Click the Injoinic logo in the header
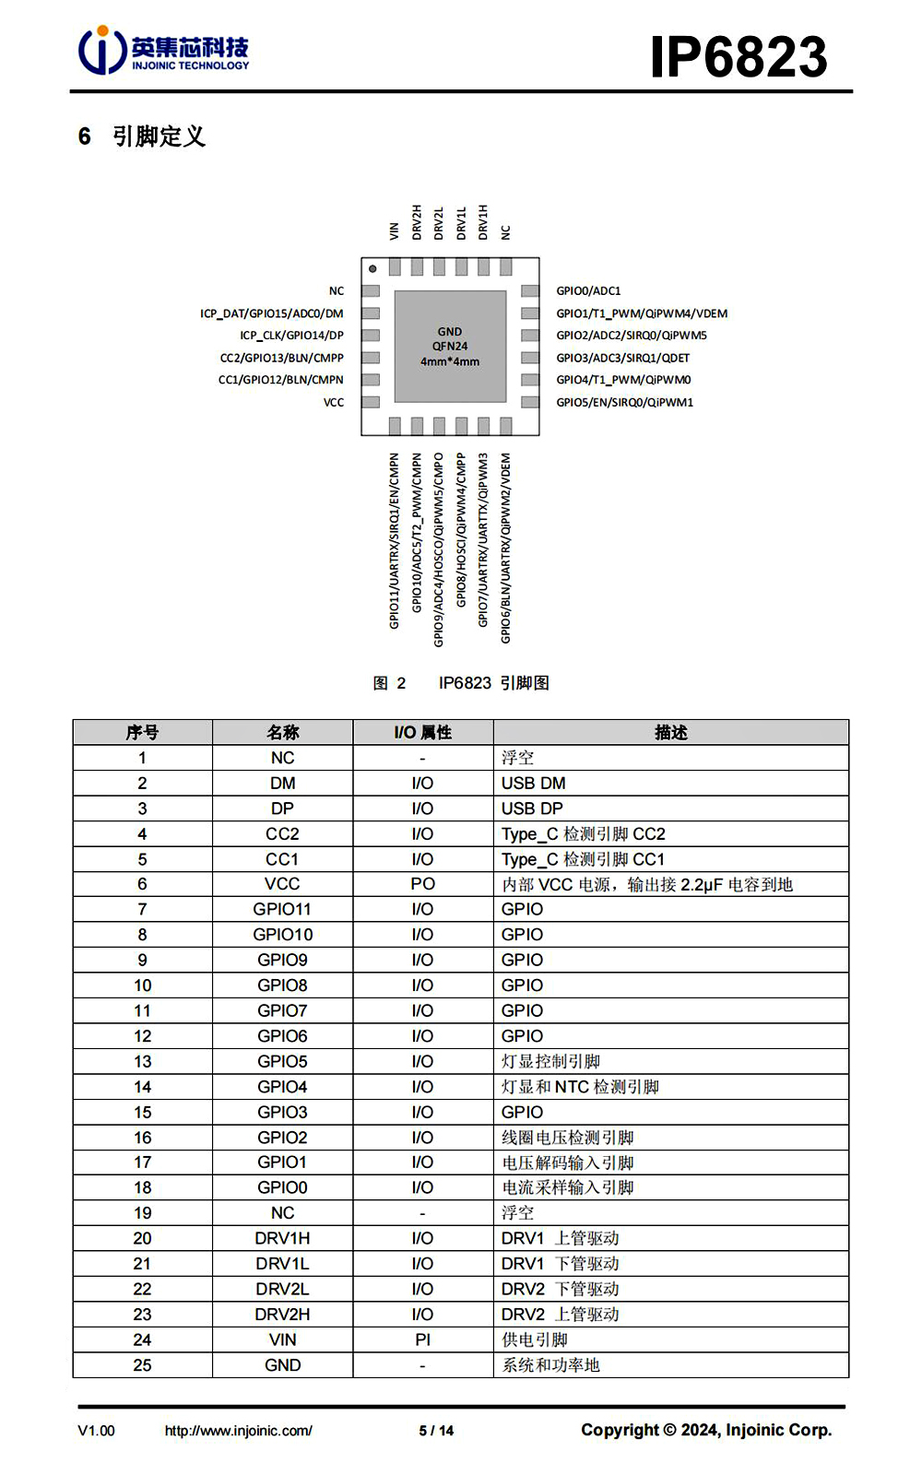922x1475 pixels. click(163, 52)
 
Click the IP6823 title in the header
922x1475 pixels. click(739, 56)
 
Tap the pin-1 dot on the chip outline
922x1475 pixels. click(372, 269)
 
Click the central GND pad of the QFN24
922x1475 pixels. click(450, 346)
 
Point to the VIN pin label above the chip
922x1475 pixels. click(395, 230)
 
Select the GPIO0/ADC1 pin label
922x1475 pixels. click(588, 291)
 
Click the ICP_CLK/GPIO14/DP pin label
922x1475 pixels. click(291, 336)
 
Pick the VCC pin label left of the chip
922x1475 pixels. click(334, 403)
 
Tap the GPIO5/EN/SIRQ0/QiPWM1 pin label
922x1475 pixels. click(624, 403)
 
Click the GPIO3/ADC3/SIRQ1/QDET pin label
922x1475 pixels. click(622, 358)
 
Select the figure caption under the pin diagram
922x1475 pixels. click(461, 683)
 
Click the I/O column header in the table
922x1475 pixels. click(422, 733)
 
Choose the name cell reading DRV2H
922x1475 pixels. click(282, 1315)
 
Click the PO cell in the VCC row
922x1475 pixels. click(422, 884)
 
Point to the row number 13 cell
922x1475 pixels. click(142, 1062)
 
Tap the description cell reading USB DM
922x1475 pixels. click(534, 784)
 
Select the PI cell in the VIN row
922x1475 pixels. click(422, 1339)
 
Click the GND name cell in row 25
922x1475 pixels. click(282, 1365)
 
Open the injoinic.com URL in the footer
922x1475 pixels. click(238, 1431)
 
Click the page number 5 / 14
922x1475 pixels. click(436, 1431)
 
